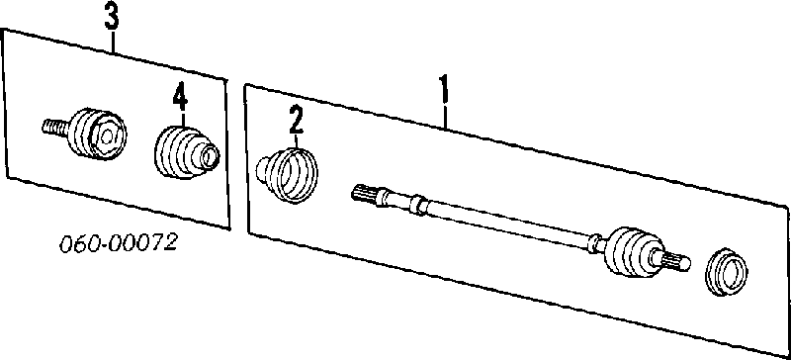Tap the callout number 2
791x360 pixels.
[296, 120]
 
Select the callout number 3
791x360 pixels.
[112, 17]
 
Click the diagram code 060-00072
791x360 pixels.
[119, 243]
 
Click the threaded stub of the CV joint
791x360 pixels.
[54, 127]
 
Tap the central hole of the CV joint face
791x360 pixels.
[107, 135]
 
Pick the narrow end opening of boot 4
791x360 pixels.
[210, 156]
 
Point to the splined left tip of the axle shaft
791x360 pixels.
[363, 194]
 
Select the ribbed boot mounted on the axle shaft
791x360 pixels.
[632, 251]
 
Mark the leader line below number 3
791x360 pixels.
[112, 42]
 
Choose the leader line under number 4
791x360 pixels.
[181, 118]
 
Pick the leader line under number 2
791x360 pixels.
[297, 140]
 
